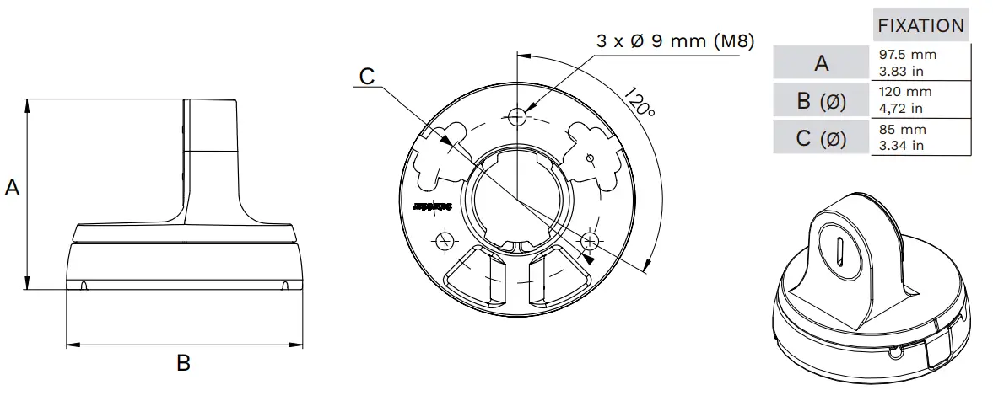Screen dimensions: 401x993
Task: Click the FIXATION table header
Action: click(x=920, y=25)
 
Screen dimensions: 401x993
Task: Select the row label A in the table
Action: click(x=821, y=62)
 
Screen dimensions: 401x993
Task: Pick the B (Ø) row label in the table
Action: click(x=821, y=101)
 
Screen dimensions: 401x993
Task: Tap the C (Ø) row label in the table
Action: click(x=821, y=139)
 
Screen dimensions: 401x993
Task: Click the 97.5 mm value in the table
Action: click(x=908, y=55)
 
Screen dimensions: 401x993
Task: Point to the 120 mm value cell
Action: click(x=905, y=92)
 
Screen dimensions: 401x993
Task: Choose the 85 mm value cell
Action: click(x=903, y=130)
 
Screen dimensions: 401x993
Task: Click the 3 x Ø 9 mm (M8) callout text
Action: click(x=675, y=40)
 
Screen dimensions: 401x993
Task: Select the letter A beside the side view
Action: click(x=13, y=188)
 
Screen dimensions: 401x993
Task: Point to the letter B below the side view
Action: click(x=183, y=364)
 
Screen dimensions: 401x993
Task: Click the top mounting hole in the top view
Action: click(x=519, y=116)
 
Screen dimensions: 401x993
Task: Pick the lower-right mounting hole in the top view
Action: click(x=590, y=241)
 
